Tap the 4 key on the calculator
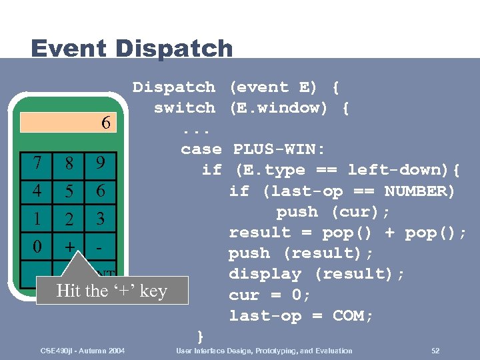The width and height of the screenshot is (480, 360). pos(37,191)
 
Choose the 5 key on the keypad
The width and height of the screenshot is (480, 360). pos(69,191)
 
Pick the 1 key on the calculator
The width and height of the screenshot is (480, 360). pos(37,219)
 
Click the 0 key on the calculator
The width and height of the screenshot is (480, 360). pos(37,246)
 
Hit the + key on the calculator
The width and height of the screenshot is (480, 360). pos(69,246)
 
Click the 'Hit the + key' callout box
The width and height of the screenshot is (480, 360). pos(111,291)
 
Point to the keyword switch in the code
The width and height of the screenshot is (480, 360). pos(185,107)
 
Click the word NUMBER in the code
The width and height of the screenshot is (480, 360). pos(419,191)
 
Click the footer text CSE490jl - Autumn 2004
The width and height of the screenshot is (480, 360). pos(83,351)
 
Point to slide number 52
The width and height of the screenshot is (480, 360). pos(435,351)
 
